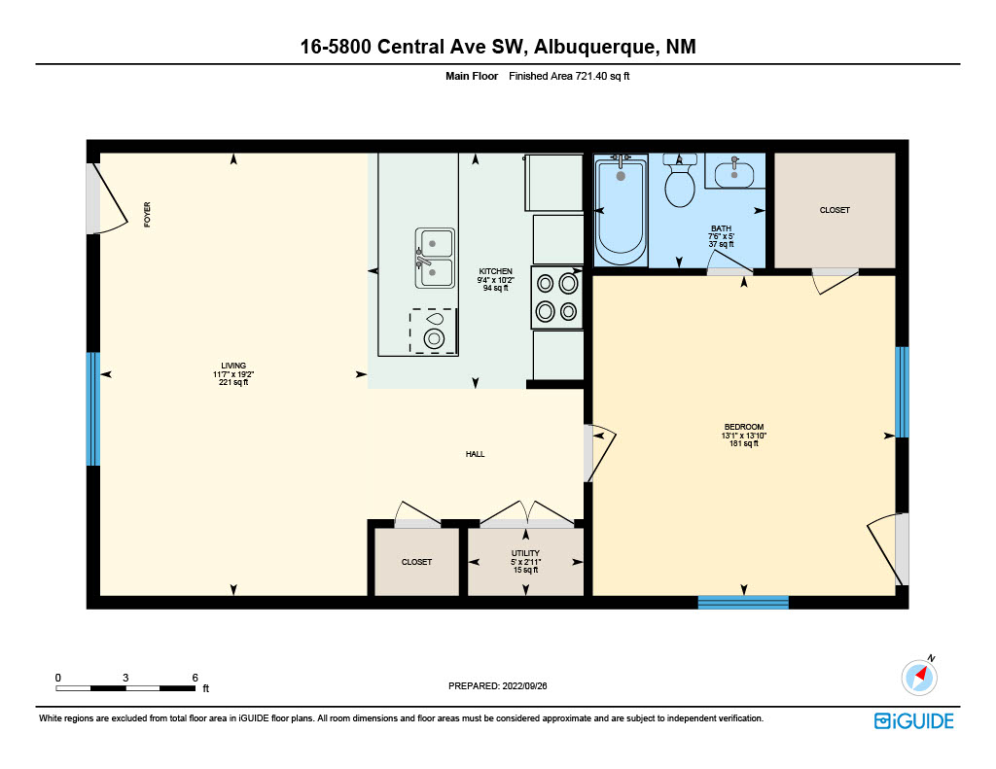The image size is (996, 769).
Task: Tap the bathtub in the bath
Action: [621, 211]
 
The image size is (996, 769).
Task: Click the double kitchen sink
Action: [435, 258]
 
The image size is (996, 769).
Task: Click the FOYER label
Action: [148, 215]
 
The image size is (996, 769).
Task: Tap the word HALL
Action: [475, 454]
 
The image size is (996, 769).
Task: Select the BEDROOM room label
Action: [744, 427]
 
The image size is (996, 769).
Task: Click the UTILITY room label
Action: [525, 553]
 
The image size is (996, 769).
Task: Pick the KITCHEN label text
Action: [495, 271]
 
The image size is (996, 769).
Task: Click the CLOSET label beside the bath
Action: [835, 210]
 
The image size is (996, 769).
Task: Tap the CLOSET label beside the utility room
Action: [416, 562]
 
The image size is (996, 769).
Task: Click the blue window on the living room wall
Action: [93, 409]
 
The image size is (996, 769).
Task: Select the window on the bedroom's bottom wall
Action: [743, 603]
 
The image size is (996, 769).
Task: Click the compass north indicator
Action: [920, 676]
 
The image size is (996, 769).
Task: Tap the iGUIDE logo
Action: [914, 720]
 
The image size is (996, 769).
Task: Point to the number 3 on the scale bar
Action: [125, 678]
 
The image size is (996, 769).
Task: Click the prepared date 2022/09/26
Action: [524, 685]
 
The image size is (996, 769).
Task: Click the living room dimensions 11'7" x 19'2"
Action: [233, 374]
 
